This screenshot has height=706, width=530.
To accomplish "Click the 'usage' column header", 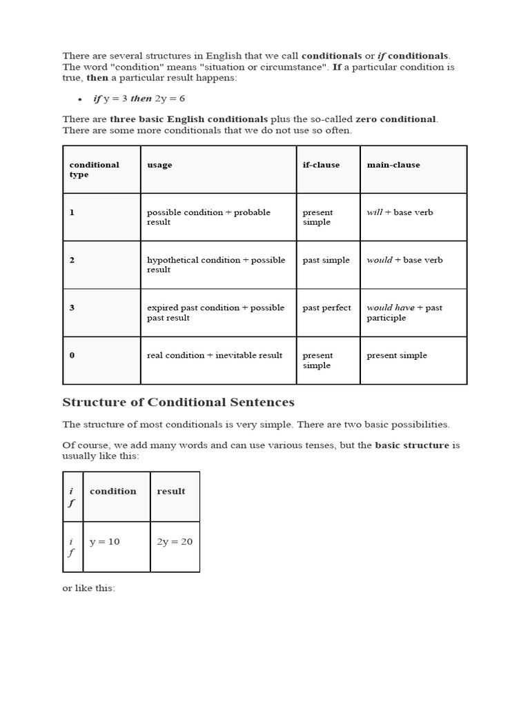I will pyautogui.click(x=160, y=165).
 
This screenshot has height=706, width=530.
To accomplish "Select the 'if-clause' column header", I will pyautogui.click(x=321, y=165).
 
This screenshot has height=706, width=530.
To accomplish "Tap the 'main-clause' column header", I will pyautogui.click(x=393, y=165).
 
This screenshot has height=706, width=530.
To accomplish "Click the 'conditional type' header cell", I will pyautogui.click(x=95, y=170).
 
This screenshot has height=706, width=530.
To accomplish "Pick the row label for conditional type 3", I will pyautogui.click(x=72, y=308).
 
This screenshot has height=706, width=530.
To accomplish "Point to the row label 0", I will pyautogui.click(x=72, y=356).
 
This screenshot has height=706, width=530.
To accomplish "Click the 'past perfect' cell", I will pyautogui.click(x=326, y=308).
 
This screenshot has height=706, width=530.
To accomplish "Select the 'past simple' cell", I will pyautogui.click(x=326, y=261).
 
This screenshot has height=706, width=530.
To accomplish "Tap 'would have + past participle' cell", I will pyautogui.click(x=404, y=313).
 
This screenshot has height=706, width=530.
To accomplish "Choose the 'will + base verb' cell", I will pyautogui.click(x=400, y=213).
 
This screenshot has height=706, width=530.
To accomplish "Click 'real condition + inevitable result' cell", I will pyautogui.click(x=215, y=356).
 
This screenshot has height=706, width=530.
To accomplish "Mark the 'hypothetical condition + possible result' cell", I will pyautogui.click(x=216, y=265).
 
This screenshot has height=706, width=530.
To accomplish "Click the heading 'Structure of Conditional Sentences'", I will pyautogui.click(x=179, y=403).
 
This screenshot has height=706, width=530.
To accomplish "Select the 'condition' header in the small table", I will pyautogui.click(x=113, y=492).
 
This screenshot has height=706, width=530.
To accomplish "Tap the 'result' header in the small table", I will pyautogui.click(x=171, y=492).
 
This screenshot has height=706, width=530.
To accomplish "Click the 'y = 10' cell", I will pyautogui.click(x=105, y=542).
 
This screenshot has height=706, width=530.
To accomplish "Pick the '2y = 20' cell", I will pyautogui.click(x=175, y=542).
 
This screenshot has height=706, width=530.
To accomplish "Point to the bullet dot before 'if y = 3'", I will pyautogui.click(x=80, y=100).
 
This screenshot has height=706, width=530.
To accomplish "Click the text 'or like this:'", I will pyautogui.click(x=89, y=589).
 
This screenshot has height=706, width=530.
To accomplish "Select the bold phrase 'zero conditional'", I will pyautogui.click(x=395, y=119).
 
